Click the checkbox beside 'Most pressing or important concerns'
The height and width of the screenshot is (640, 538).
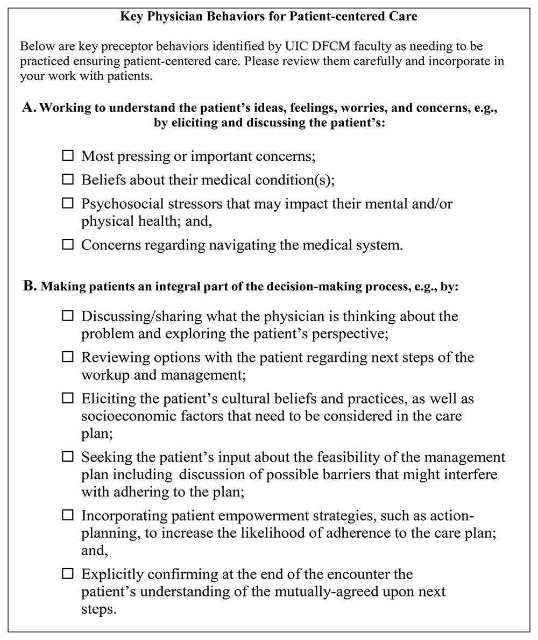(68, 156)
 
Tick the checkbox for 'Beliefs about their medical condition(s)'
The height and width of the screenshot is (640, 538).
(68, 179)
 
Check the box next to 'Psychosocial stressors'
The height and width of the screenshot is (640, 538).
(68, 203)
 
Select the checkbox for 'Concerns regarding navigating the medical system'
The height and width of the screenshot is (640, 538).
(68, 244)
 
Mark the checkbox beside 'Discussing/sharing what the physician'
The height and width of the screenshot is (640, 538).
(68, 316)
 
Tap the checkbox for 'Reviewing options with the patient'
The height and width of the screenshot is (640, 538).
(68, 357)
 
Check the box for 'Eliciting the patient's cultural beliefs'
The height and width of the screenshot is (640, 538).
(68, 399)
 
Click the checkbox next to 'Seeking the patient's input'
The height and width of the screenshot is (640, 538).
(68, 457)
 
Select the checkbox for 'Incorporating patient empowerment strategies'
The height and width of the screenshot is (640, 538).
(68, 515)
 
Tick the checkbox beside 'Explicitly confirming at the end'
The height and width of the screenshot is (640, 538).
(68, 573)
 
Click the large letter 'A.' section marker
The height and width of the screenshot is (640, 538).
(30, 107)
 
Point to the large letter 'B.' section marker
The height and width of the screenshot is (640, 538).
(30, 286)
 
